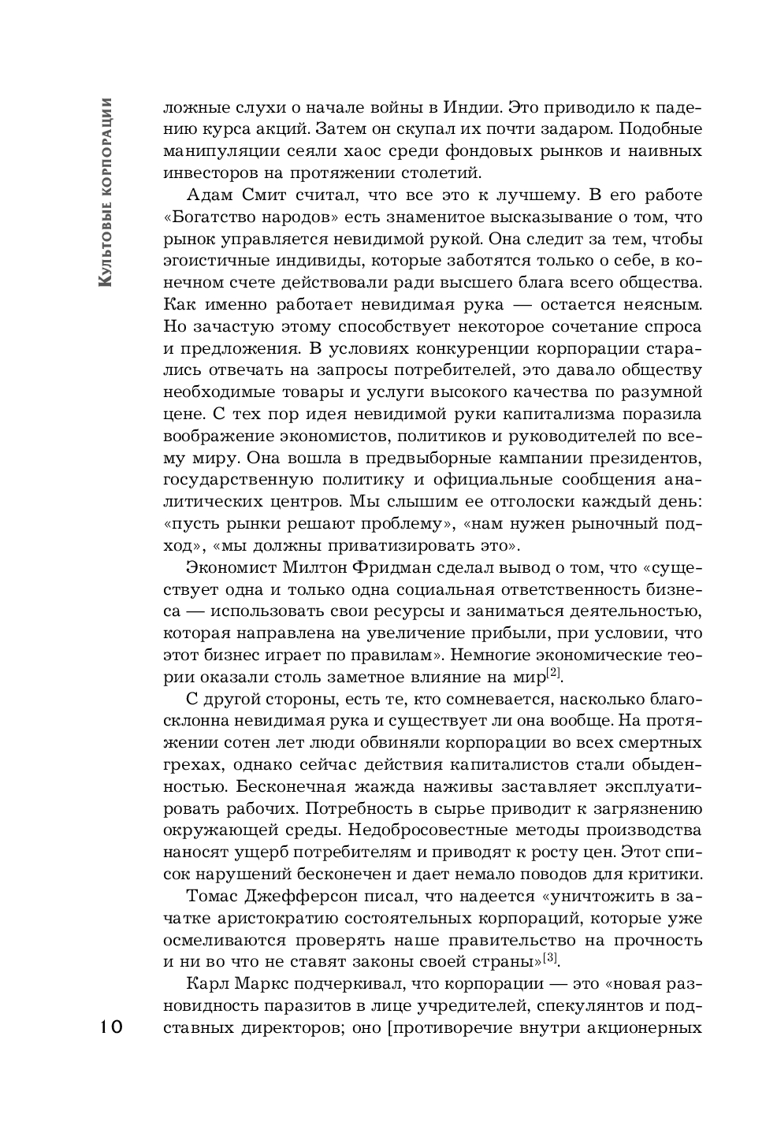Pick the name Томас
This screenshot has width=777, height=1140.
click(215, 896)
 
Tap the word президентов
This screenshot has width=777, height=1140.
click(639, 458)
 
